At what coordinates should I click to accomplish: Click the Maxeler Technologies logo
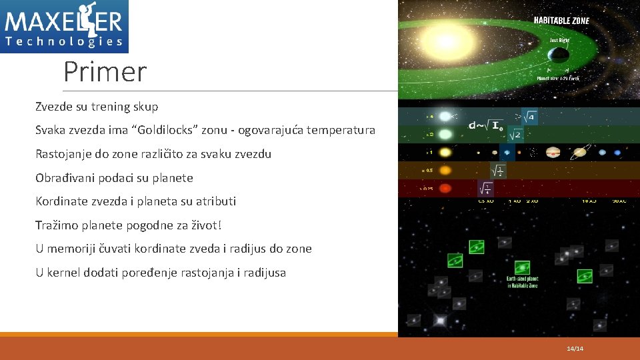tap(64, 26)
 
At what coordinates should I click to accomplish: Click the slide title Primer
tap(105, 71)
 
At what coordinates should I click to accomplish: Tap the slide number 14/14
tap(574, 349)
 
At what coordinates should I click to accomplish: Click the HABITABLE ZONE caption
tap(561, 21)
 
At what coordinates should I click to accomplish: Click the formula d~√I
tap(485, 124)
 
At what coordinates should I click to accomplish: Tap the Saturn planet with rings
tap(579, 152)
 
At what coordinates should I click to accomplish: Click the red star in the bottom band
tap(445, 188)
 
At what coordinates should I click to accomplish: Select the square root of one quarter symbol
tap(485, 188)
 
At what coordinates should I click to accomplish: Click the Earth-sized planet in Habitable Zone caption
tap(522, 282)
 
